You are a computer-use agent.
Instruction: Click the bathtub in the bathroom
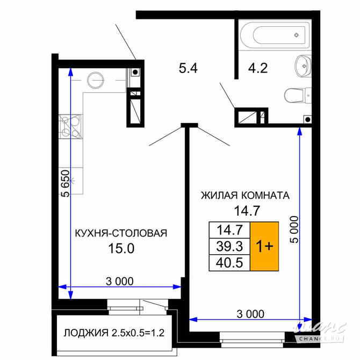(x=275, y=35)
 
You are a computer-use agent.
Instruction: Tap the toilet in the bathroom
(x=298, y=96)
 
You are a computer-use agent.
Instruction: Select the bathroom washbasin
(x=303, y=66)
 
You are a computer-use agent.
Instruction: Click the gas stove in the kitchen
(x=70, y=126)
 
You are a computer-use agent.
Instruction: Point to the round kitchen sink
(x=95, y=80)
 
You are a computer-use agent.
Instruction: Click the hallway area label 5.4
(x=188, y=68)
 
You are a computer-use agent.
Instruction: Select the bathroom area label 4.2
(x=258, y=68)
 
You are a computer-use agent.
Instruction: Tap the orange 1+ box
(x=264, y=246)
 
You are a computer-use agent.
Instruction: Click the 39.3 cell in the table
(x=229, y=246)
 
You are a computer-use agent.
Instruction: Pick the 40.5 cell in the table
(x=229, y=263)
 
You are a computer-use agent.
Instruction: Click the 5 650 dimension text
(x=66, y=183)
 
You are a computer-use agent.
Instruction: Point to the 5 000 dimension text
(x=294, y=229)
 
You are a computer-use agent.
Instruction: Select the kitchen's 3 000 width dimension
(x=120, y=281)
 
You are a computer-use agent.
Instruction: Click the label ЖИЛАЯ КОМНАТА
(x=245, y=196)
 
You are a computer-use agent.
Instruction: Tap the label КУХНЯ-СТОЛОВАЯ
(x=121, y=233)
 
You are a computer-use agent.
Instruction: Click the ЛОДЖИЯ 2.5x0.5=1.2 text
(x=114, y=333)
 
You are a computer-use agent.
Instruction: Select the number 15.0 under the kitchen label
(x=121, y=248)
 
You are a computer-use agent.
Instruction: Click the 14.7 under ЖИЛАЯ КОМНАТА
(x=247, y=211)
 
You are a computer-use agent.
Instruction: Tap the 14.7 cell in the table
(x=229, y=230)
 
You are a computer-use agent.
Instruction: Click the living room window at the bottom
(x=252, y=337)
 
